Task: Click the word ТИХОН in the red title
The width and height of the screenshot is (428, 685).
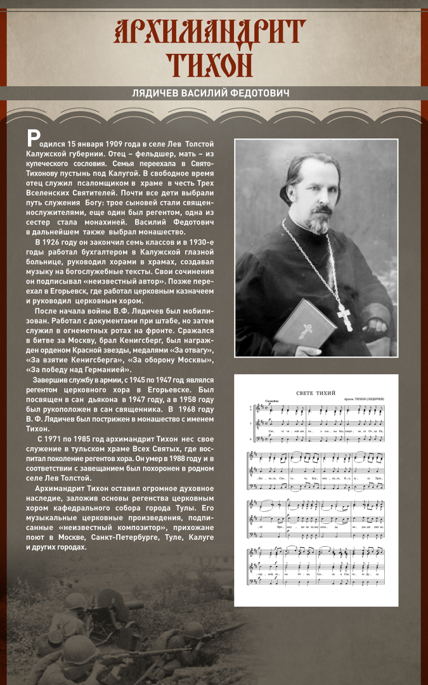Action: (210, 63)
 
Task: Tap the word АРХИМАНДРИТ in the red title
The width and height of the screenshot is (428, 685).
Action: (210, 32)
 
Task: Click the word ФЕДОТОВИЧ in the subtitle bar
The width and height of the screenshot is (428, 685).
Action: (260, 93)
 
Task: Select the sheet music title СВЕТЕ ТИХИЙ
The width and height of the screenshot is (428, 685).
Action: (315, 393)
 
